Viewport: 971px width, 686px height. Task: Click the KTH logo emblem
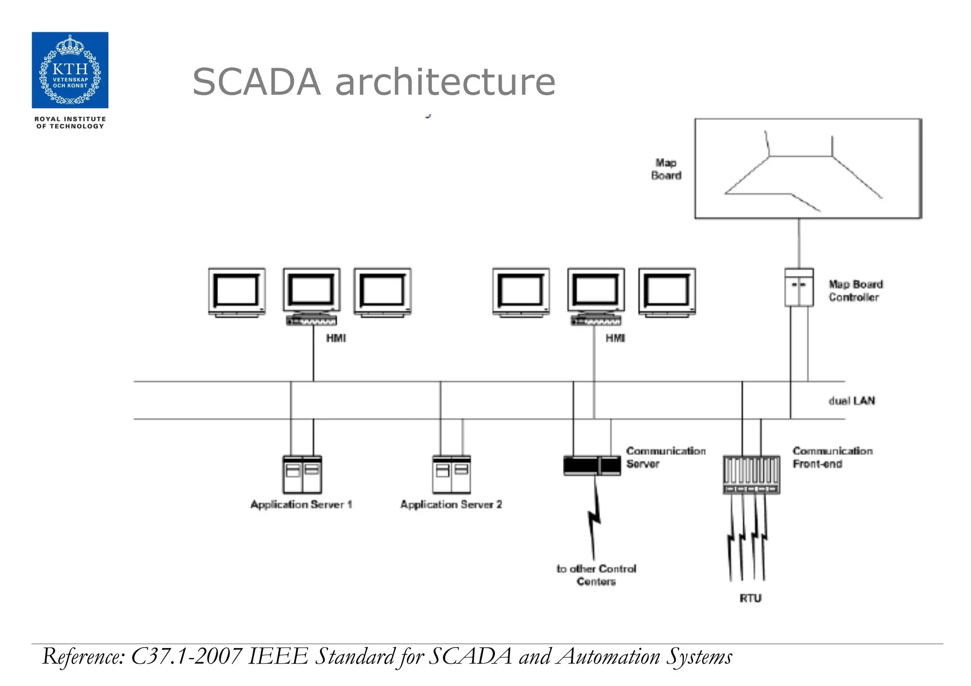click(x=70, y=70)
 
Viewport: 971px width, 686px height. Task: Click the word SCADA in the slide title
click(x=256, y=82)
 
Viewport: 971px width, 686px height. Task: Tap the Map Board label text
click(x=666, y=169)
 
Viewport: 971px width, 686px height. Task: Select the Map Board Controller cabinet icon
click(x=798, y=287)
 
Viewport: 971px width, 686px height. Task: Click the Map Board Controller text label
click(x=855, y=291)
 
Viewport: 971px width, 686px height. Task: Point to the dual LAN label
click(x=852, y=401)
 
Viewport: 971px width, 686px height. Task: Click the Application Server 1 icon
click(x=302, y=475)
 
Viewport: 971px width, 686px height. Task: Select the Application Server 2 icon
click(x=451, y=475)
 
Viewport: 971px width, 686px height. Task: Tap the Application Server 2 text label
click(x=451, y=504)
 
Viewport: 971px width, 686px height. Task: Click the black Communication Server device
click(x=592, y=466)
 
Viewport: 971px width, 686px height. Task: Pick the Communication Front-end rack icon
click(x=751, y=475)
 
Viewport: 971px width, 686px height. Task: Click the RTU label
click(x=750, y=598)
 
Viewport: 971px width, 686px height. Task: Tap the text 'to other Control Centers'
click(x=596, y=575)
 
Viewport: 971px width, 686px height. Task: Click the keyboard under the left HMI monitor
click(x=311, y=321)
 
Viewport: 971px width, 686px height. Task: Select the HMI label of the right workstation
click(x=615, y=338)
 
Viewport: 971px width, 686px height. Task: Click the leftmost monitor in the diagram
click(x=237, y=292)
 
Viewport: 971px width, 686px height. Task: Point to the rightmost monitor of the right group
click(x=667, y=292)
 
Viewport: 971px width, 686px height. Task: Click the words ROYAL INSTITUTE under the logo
click(x=70, y=119)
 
